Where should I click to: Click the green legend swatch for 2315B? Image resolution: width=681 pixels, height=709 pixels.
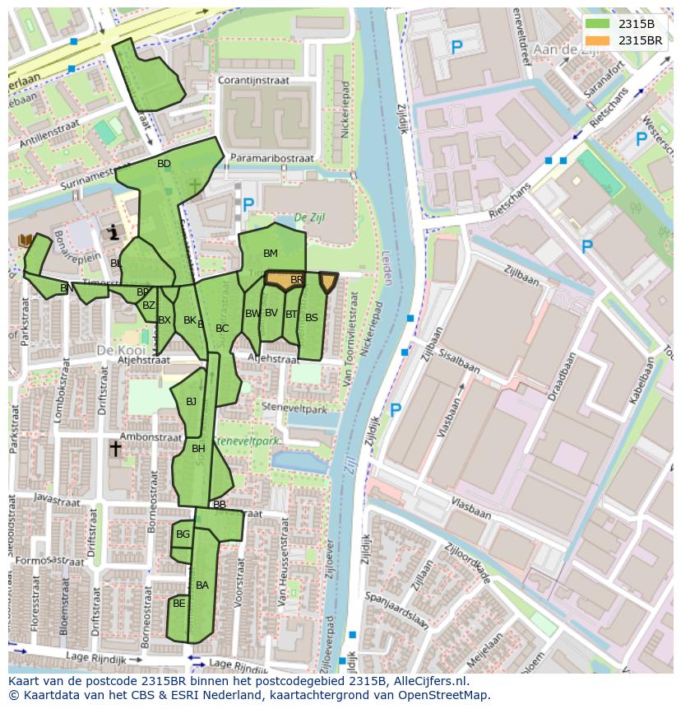pyautogui.click(x=597, y=24)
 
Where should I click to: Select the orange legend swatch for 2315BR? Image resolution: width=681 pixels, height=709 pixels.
pyautogui.click(x=597, y=40)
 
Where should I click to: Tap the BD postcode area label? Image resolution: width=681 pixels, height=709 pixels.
pyautogui.click(x=164, y=164)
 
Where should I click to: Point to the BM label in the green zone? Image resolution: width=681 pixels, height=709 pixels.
pyautogui.click(x=270, y=253)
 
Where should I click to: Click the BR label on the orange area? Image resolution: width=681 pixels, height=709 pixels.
pyautogui.click(x=296, y=280)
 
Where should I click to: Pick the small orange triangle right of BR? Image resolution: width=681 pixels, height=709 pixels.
pyautogui.click(x=328, y=282)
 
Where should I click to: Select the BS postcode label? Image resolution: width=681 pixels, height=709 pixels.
pyautogui.click(x=311, y=318)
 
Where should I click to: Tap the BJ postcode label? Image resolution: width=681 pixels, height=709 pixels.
pyautogui.click(x=191, y=402)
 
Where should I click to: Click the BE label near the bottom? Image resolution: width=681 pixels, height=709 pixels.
pyautogui.click(x=178, y=604)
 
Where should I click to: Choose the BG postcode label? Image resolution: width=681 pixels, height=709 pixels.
pyautogui.click(x=183, y=534)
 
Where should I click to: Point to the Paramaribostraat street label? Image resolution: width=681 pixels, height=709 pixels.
pyautogui.click(x=272, y=158)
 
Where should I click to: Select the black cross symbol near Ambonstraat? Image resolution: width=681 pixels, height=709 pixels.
pyautogui.click(x=115, y=449)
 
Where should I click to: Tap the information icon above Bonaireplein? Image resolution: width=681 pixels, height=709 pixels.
pyautogui.click(x=113, y=233)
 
